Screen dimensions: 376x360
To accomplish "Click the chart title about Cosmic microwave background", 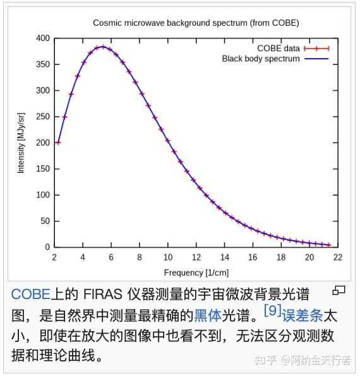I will (196, 23).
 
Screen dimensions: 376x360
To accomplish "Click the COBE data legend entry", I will (278, 49).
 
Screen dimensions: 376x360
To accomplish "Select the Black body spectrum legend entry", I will (260, 59).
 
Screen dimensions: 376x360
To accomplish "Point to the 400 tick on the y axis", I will (42, 38).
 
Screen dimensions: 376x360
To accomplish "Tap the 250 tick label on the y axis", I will (42, 117).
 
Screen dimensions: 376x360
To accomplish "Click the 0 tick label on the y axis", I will (47, 247).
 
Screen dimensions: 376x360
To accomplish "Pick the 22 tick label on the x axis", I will (338, 257).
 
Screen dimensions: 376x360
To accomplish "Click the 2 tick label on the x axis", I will (55, 257).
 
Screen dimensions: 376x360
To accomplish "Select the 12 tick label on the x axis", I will (196, 257).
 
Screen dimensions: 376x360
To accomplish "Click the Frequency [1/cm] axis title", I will (196, 273).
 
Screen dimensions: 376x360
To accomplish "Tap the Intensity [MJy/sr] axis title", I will (21, 143).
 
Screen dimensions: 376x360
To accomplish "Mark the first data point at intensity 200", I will (58, 143).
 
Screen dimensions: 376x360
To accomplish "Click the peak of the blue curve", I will (102, 46).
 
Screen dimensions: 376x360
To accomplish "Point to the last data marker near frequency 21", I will (328, 245).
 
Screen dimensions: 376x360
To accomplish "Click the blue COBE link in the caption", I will (30, 294).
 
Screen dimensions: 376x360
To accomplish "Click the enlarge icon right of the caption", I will (339, 290).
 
